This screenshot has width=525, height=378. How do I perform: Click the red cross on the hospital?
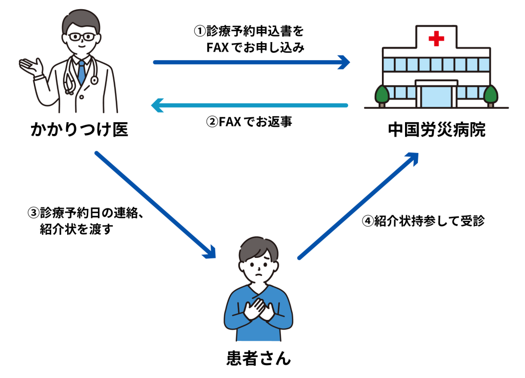coord(436,39)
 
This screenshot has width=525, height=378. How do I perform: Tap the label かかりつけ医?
coord(79,129)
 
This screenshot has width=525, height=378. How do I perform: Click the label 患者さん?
coord(258,358)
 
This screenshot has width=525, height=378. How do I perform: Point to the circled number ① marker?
coord(200,31)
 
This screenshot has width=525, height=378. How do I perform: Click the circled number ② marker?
coord(212,122)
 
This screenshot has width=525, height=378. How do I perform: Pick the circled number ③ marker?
coord(33,213)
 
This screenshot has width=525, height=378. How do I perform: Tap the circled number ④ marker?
coord(368,221)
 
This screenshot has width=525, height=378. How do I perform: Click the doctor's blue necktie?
coord(82,72)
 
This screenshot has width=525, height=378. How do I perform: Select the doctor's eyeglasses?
coord(82,36)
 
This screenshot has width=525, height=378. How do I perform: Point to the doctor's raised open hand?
coord(31,67)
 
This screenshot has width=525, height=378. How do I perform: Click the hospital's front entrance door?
coord(436,97)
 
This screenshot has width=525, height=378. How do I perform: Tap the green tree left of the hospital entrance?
coord(382,96)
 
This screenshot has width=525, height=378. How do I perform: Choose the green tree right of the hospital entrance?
coord(491,96)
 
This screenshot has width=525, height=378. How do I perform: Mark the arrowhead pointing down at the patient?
coord(210,252)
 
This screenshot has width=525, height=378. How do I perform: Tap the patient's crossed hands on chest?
coord(258,309)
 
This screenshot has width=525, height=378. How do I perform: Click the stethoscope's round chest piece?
coord(94,80)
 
